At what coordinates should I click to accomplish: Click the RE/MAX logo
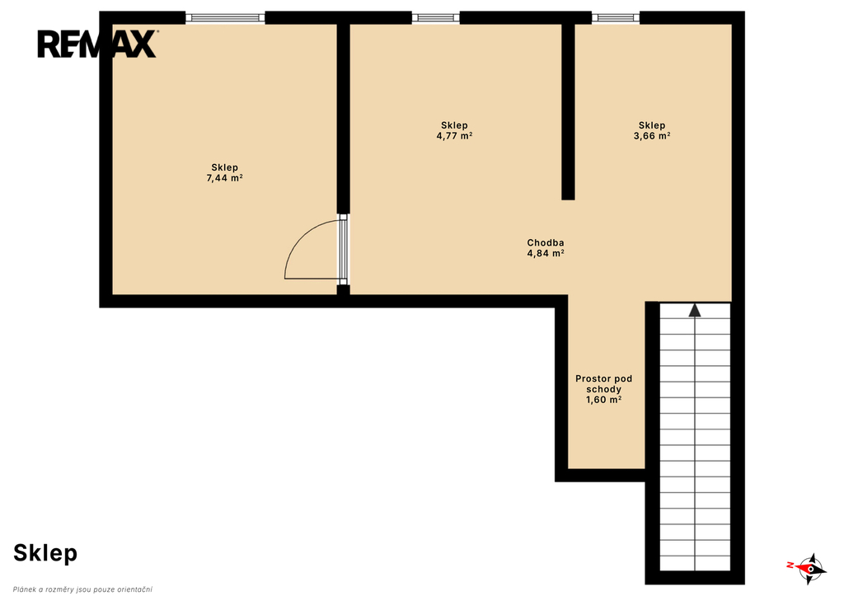[x=97, y=44]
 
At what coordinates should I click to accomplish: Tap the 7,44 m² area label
[x=224, y=178]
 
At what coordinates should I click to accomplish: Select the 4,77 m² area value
[x=454, y=136]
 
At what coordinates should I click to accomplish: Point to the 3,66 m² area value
[x=652, y=136]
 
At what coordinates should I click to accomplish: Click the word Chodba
[x=546, y=243]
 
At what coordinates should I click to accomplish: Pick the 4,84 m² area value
[x=546, y=253]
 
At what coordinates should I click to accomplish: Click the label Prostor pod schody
[x=603, y=384]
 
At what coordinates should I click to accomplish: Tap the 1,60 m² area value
[x=603, y=400]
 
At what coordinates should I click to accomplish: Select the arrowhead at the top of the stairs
[x=695, y=310]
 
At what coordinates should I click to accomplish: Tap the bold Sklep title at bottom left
[x=45, y=553]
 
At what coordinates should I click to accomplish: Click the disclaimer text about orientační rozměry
[x=82, y=589]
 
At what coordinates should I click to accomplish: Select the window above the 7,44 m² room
[x=225, y=18]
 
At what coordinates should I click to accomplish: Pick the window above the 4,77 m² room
[x=436, y=18]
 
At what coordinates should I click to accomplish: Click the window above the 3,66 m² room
[x=616, y=18]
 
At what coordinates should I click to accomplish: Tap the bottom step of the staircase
[x=695, y=563]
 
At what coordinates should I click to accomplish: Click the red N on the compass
[x=790, y=565]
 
